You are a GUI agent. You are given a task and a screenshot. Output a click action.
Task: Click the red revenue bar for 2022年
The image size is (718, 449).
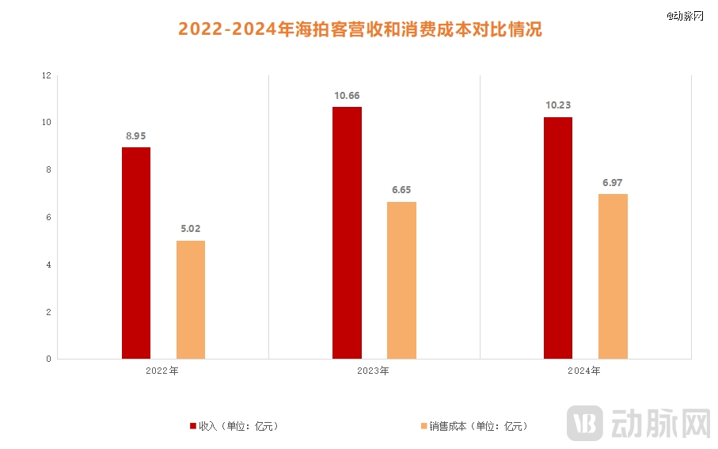136,253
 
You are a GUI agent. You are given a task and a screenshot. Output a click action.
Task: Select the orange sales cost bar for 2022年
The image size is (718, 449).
191,299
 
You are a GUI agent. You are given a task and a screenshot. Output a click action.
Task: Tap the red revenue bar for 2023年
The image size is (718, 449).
347,233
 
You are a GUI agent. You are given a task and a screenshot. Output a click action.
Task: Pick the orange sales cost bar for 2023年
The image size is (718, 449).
401,280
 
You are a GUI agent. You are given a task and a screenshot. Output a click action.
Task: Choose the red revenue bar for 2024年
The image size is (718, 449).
558,238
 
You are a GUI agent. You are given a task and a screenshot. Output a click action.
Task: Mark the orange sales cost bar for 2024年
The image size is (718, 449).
613,276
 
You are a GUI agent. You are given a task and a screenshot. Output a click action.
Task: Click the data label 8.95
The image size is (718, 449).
137,136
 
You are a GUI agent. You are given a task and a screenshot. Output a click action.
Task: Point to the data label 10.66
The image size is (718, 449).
347,96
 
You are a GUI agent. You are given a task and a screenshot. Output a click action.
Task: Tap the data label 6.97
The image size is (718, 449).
613,183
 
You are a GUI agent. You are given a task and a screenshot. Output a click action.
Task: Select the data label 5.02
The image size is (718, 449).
191,230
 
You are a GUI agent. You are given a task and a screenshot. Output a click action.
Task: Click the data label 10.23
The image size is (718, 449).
558,106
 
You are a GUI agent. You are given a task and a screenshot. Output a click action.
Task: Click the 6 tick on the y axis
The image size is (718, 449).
48,218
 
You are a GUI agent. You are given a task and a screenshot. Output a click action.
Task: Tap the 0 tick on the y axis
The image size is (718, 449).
48,360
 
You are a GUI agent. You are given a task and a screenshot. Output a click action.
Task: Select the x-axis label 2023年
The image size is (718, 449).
374,371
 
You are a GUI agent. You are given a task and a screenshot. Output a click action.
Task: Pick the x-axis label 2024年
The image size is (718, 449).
585,371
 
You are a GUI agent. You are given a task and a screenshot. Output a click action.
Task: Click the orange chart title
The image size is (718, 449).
359,30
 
